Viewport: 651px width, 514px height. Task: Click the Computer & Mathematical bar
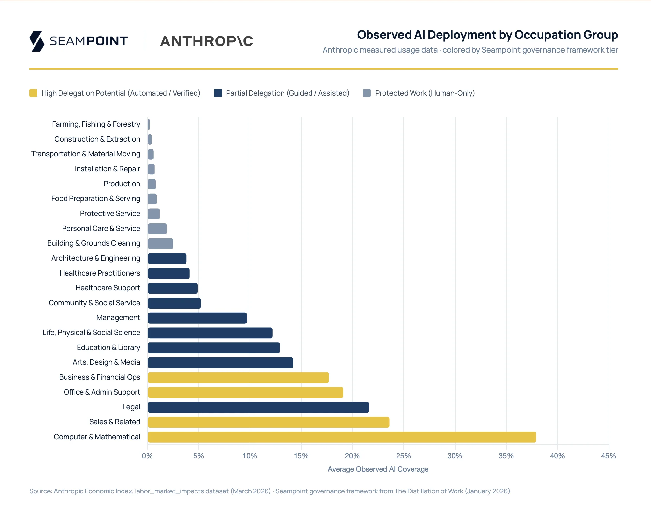point(341,437)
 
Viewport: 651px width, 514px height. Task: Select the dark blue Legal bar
point(258,407)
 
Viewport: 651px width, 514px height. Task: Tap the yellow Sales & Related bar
point(268,422)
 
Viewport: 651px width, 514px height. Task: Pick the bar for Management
point(197,318)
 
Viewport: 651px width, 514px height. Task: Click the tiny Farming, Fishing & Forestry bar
point(149,125)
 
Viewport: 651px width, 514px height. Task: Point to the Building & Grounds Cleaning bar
point(160,244)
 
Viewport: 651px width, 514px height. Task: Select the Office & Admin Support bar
point(245,392)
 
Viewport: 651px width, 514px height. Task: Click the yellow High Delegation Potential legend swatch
point(33,93)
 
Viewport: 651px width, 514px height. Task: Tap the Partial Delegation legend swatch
point(218,93)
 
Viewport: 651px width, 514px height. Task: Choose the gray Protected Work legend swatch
point(367,93)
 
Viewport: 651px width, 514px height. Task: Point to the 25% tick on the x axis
point(403,456)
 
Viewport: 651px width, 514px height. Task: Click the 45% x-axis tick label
point(608,456)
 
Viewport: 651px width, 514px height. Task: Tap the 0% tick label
point(147,456)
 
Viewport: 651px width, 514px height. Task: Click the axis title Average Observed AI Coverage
point(378,469)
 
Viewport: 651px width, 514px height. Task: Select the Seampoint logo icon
point(37,41)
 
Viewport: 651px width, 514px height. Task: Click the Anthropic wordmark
point(207,41)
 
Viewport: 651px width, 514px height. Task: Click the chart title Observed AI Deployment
point(487,35)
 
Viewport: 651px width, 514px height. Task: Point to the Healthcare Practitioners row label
point(100,273)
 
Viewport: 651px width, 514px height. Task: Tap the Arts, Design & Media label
point(106,362)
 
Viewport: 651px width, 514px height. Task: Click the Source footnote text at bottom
point(269,491)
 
